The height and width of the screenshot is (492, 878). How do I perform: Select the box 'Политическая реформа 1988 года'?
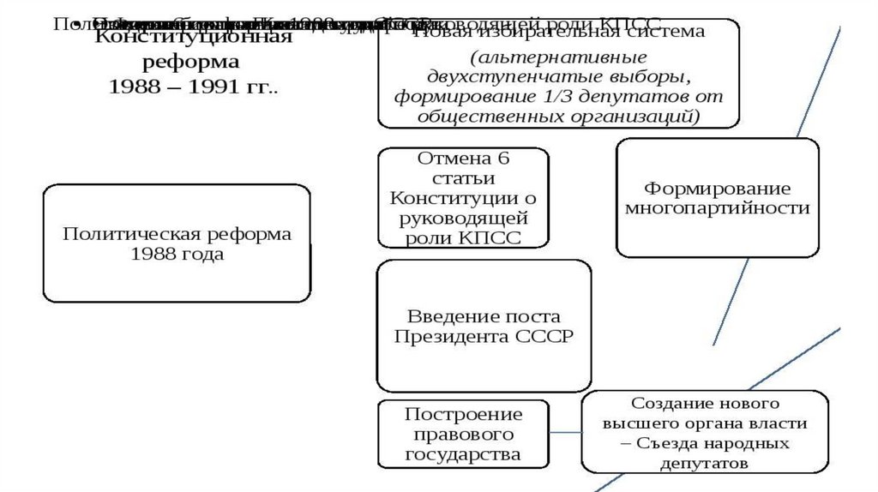pos(177,243)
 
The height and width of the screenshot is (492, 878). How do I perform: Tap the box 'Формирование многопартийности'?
pos(717,198)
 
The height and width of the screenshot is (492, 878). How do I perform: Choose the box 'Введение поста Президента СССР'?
pos(484,326)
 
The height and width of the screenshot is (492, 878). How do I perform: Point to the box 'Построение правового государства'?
pos(463,434)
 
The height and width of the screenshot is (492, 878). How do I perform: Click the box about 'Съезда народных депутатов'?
pos(705,432)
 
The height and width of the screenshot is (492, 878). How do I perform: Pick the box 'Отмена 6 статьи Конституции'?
pos(463,198)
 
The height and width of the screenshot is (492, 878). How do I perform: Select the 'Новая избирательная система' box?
pos(559,74)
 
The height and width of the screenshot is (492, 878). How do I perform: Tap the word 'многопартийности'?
pos(717,208)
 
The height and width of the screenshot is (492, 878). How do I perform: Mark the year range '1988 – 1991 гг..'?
pos(194,87)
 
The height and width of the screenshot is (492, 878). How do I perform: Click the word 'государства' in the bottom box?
pos(463,453)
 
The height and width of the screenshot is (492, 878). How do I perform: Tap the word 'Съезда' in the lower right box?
pos(656,443)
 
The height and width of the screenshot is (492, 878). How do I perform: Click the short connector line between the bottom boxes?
pos(565,433)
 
